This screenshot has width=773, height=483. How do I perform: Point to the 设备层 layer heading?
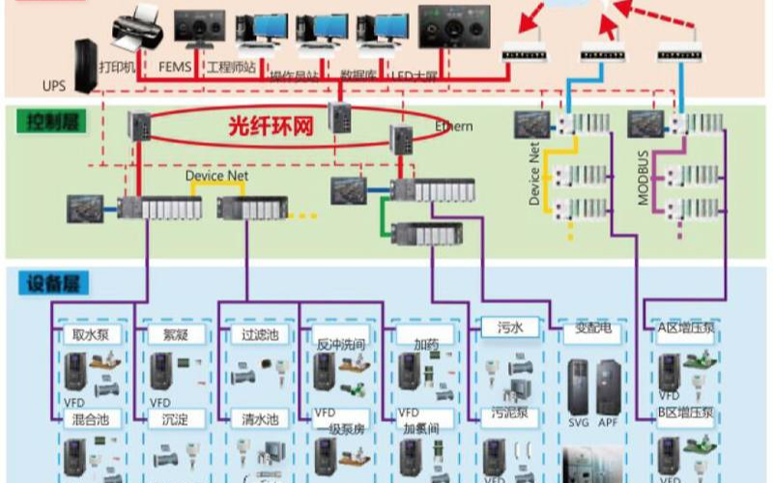pos(47,283)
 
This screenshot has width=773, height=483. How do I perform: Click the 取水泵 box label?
pos(90,335)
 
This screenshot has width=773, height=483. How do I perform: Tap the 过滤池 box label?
pos(261,335)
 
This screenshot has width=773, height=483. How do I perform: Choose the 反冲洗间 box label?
pos(340,344)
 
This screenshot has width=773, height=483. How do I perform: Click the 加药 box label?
pos(426,344)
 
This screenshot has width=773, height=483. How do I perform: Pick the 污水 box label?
pos(509,328)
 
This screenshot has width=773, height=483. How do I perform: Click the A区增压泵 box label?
pos(685,327)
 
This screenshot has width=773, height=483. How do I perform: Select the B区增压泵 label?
pos(685,412)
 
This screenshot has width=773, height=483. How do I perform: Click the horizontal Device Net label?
pos(217,177)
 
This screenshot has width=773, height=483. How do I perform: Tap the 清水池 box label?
pos(261,420)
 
